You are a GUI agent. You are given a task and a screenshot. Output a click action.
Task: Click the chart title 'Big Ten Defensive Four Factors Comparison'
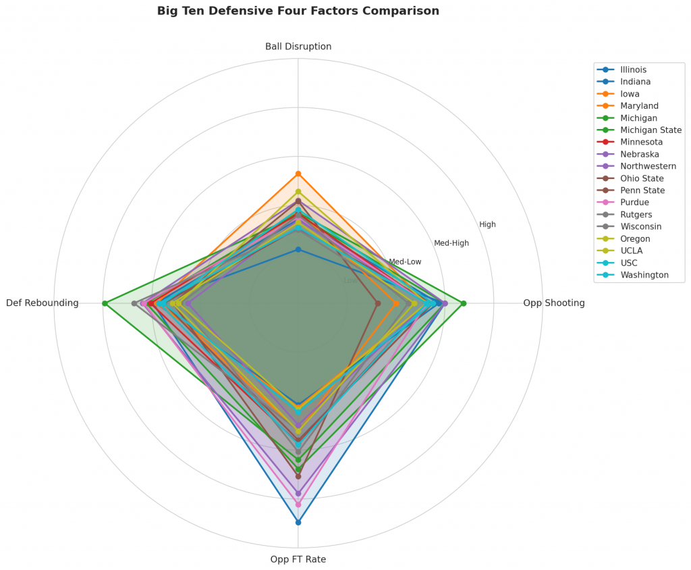pos(298,11)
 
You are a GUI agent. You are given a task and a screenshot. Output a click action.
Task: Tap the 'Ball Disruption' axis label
pos(298,47)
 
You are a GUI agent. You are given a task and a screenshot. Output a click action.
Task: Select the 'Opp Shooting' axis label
pos(553,303)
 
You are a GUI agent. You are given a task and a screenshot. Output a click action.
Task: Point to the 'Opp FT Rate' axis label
pos(298,559)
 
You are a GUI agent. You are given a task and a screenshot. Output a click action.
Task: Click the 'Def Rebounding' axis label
pos(43,303)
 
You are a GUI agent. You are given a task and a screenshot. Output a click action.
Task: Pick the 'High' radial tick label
pos(487,224)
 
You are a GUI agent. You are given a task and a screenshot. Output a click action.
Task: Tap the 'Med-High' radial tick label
pos(451,243)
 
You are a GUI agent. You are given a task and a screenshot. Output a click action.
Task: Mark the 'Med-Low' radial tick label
pos(405,261)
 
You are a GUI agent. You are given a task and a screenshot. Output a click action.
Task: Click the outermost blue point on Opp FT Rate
pos(298,522)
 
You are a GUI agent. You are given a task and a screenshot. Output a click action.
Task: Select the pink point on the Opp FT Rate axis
pos(298,504)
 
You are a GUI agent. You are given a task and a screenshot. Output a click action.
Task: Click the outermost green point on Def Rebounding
pos(105,303)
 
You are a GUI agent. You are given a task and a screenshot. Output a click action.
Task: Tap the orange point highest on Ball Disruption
pos(298,174)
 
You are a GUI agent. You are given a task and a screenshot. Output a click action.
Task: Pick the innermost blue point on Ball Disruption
pos(298,249)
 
